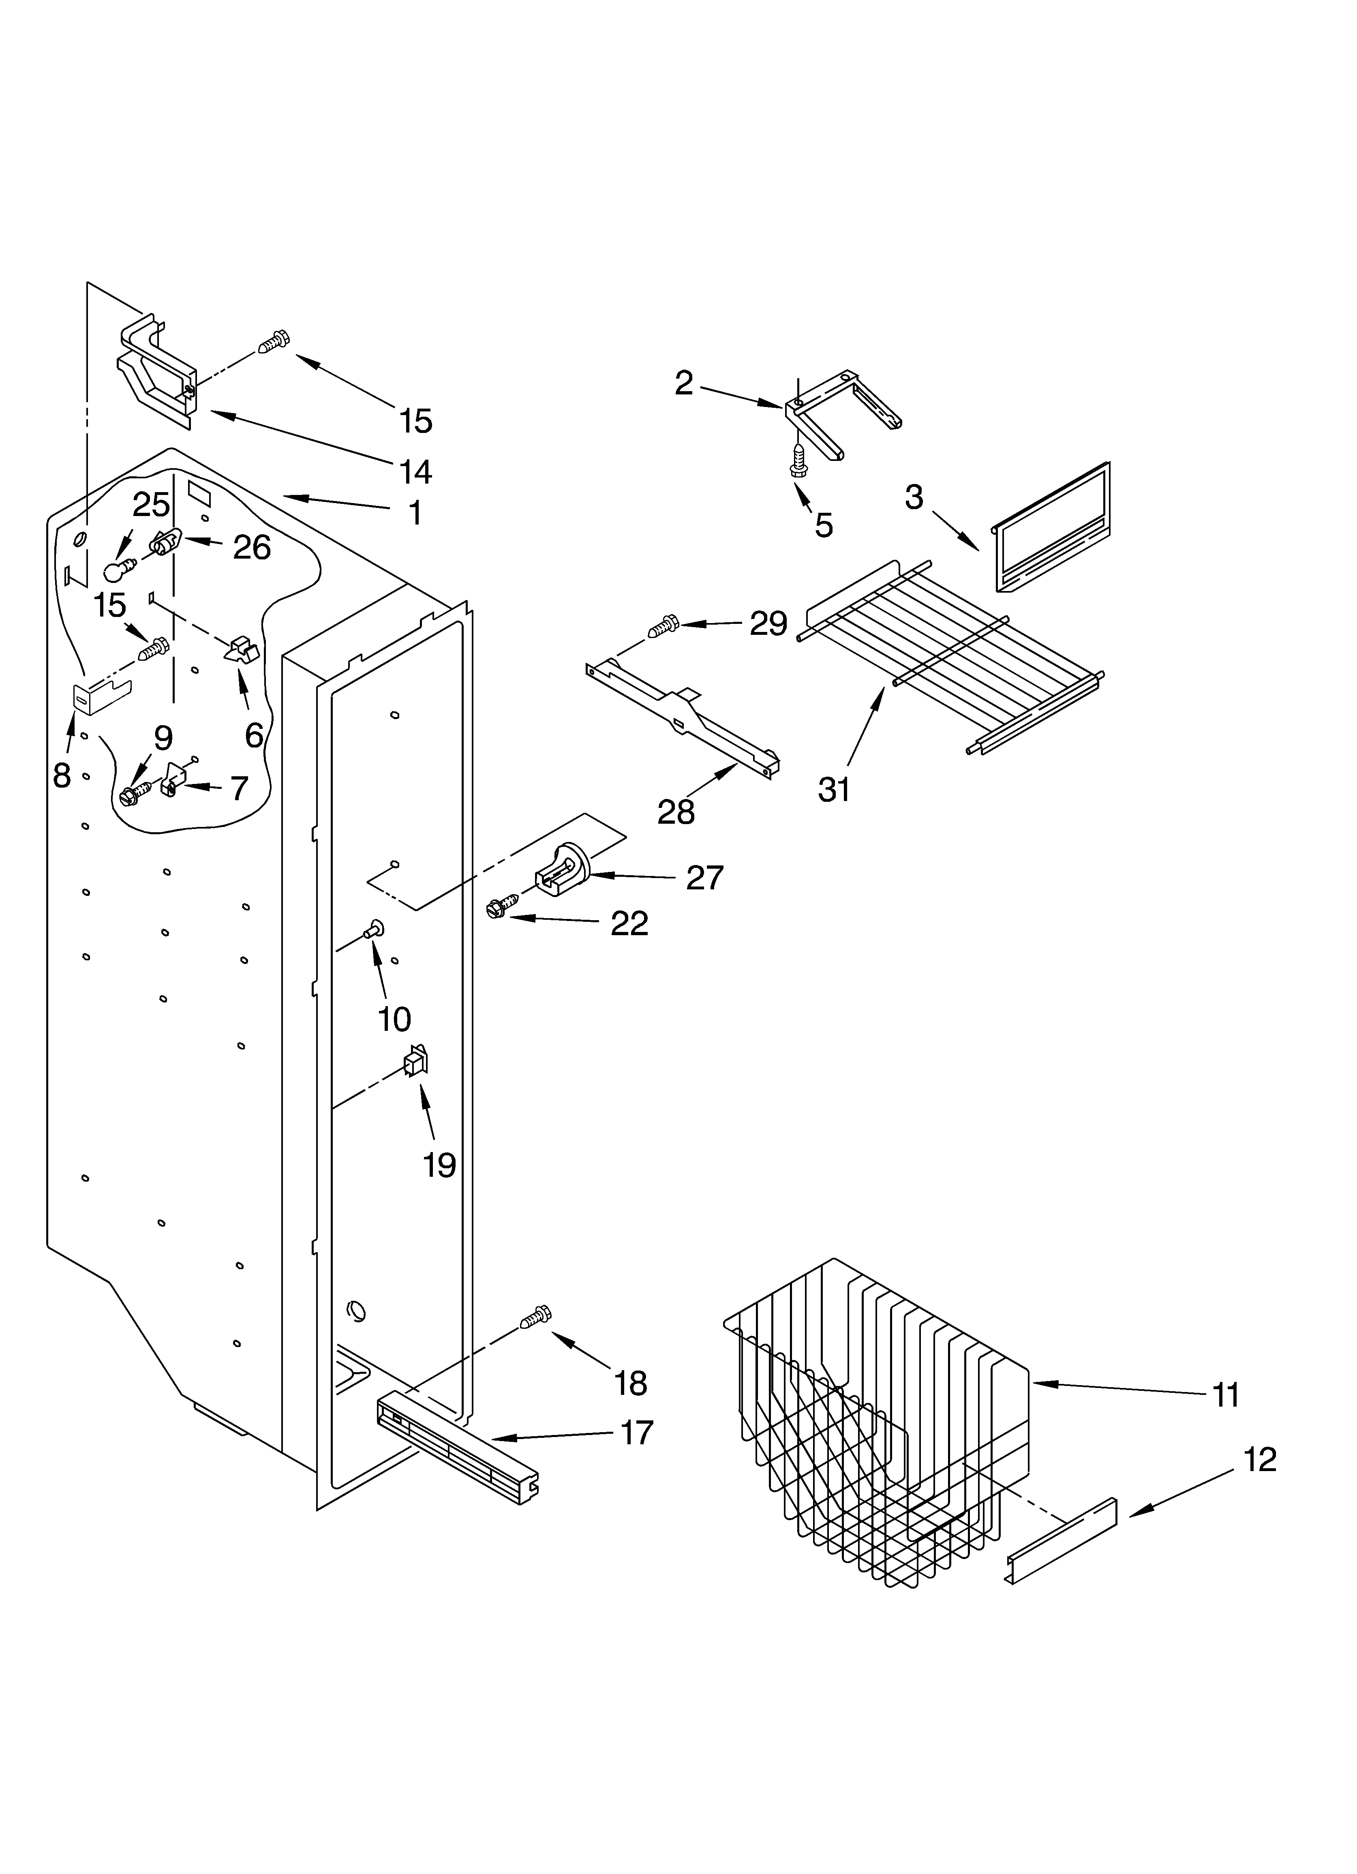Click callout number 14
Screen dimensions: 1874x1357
point(416,472)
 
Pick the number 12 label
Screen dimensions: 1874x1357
point(1259,1460)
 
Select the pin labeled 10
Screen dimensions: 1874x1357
point(374,932)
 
